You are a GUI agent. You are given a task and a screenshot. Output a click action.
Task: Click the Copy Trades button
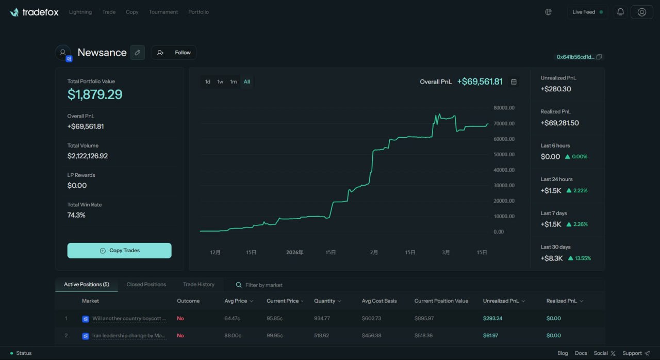(119, 251)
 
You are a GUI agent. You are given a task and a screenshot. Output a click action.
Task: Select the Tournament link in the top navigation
(163, 12)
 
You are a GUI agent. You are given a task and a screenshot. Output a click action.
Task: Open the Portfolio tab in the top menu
(199, 12)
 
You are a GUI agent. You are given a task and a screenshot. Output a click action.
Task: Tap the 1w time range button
(220, 81)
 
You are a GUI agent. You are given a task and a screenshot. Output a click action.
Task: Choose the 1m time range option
(233, 81)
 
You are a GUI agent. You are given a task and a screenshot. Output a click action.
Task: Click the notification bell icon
(620, 12)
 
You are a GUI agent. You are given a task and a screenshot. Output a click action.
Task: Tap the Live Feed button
(587, 12)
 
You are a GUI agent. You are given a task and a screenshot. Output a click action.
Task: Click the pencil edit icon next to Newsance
(137, 53)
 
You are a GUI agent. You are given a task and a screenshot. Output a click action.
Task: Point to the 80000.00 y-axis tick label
(504, 108)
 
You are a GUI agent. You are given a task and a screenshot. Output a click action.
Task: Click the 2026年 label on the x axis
(295, 253)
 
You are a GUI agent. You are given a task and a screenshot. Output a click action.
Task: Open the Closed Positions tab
(146, 284)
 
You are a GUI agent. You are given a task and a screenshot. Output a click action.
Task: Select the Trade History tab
(199, 284)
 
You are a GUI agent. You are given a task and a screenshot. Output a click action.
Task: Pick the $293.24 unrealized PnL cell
(492, 318)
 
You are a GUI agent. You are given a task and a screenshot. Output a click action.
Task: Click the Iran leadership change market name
(129, 336)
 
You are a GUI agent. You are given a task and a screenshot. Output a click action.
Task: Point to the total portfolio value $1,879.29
(95, 94)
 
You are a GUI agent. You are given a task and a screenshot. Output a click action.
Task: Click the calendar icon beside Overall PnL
(514, 81)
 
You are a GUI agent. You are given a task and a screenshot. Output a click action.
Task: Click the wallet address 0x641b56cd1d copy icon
(599, 57)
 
